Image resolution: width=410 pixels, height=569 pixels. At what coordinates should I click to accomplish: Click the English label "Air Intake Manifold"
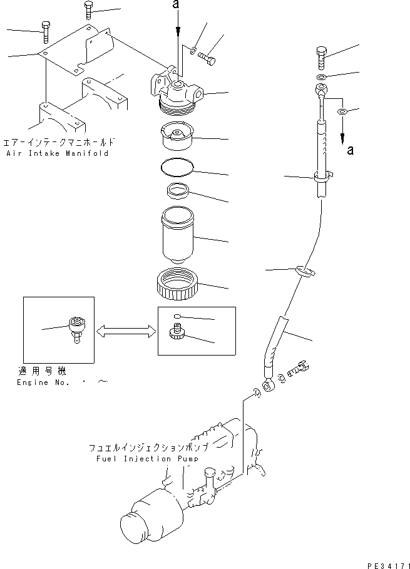pos(57,153)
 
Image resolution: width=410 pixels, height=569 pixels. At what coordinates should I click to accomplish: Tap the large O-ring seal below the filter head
pos(177,167)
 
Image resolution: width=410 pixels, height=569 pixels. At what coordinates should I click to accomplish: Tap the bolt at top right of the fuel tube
pos(321,58)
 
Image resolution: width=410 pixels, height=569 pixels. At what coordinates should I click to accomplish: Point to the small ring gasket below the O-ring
pos(177,190)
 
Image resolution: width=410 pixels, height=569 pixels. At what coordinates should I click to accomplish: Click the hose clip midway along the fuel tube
pos(302,270)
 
